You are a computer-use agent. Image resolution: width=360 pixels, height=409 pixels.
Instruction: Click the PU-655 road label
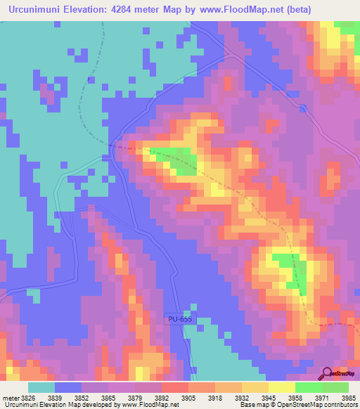tap(180, 318)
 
